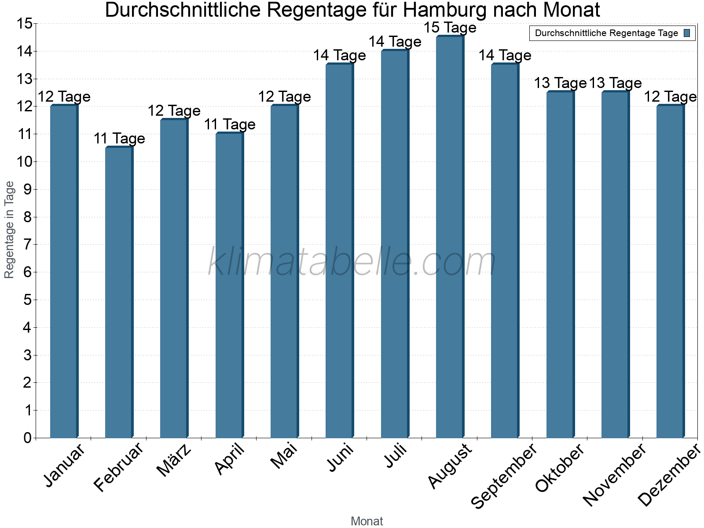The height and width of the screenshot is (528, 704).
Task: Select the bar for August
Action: coord(450,238)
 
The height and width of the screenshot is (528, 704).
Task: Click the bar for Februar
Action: coord(119,293)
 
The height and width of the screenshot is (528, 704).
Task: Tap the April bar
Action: coord(229,286)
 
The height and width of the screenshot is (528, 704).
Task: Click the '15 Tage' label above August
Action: coord(450,28)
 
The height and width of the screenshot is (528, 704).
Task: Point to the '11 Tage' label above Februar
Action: coord(119,139)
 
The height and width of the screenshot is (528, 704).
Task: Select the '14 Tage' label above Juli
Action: coord(395,42)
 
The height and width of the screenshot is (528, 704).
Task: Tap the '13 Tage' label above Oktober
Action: coord(560,83)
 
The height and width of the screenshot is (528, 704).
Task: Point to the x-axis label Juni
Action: coord(340,458)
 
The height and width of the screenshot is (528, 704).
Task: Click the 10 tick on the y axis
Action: coord(26,161)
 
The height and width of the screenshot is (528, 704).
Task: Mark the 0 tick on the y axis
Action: coord(27,438)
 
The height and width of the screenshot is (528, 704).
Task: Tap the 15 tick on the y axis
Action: coord(25,23)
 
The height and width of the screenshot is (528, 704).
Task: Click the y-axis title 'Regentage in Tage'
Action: coord(9,230)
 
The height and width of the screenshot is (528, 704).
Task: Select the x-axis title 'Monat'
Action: coord(367,521)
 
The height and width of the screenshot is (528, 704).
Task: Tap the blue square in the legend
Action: coord(687,33)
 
